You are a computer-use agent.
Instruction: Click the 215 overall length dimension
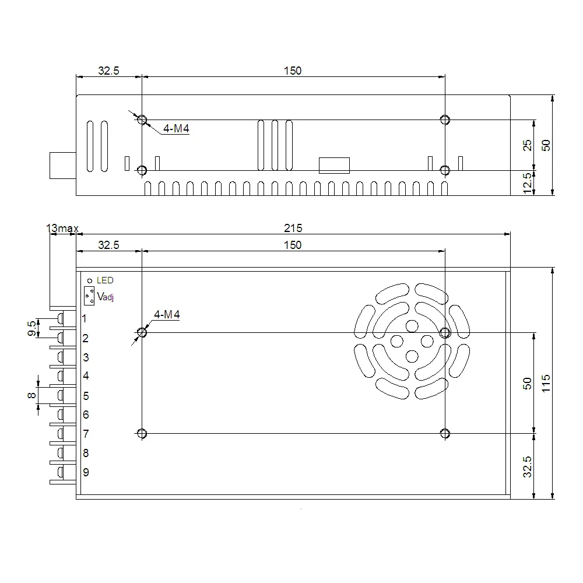(293, 228)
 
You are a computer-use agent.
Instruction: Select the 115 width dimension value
(546, 384)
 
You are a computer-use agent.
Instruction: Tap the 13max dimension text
(62, 229)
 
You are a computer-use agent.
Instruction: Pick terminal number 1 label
(85, 319)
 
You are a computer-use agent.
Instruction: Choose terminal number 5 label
(86, 396)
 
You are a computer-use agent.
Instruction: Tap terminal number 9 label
(86, 472)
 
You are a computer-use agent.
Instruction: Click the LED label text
(105, 280)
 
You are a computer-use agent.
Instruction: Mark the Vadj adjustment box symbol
(89, 296)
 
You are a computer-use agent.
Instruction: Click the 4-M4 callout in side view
(176, 129)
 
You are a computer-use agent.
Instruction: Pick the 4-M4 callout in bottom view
(167, 315)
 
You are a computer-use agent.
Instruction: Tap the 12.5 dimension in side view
(527, 183)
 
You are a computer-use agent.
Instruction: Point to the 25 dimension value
(527, 146)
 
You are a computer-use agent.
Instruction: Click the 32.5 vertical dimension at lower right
(527, 466)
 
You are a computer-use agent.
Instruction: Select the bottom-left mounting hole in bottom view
(142, 433)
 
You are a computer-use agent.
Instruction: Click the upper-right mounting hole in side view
(445, 120)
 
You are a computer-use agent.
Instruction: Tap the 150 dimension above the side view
(293, 71)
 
